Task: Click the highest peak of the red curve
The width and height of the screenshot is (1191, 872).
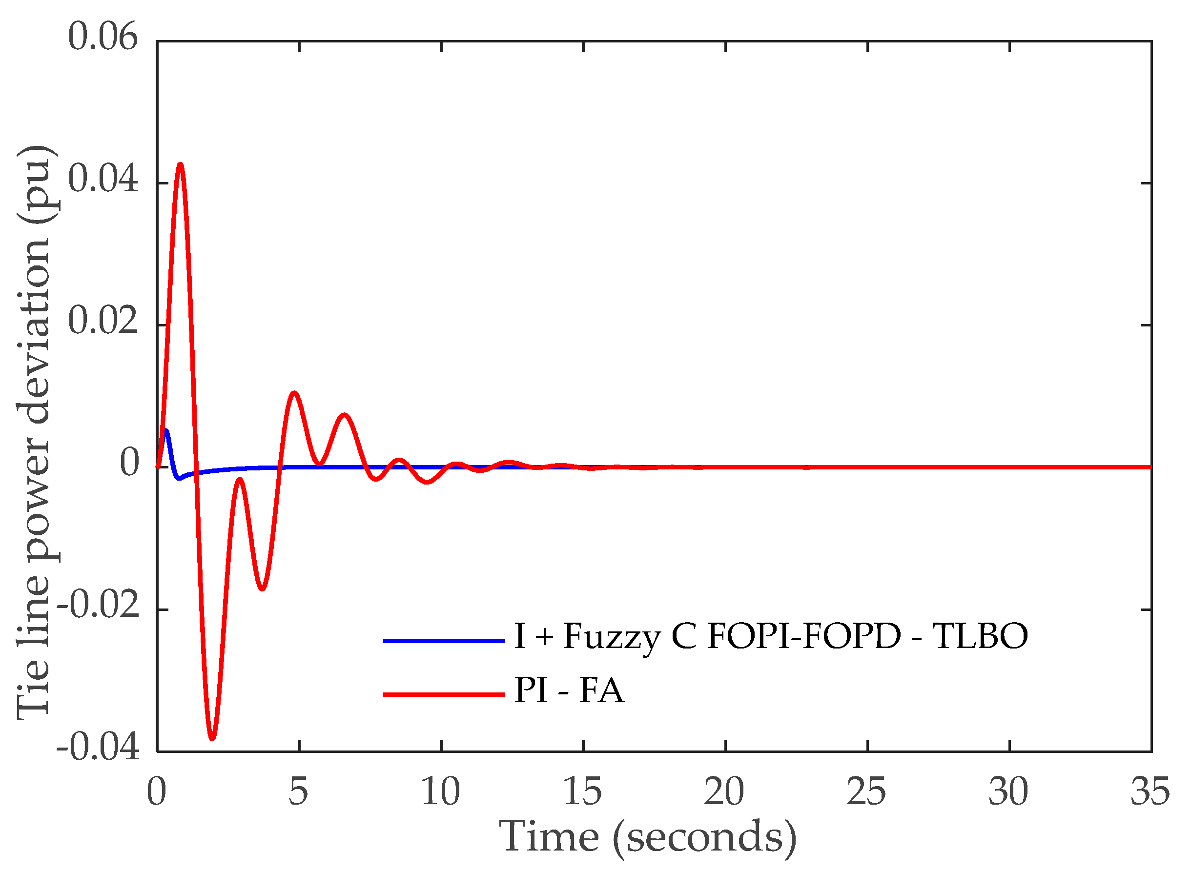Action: tap(181, 164)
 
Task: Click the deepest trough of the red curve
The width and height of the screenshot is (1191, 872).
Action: tap(213, 738)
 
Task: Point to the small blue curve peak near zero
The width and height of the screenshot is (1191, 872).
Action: tap(166, 431)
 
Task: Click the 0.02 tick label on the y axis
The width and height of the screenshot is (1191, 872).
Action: tap(103, 321)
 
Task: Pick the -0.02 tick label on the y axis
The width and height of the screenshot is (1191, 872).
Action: tap(98, 605)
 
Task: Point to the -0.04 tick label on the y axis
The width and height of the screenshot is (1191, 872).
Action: tap(98, 748)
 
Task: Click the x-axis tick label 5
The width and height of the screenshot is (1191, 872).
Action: tap(299, 792)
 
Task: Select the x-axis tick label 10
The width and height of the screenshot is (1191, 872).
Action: tap(441, 792)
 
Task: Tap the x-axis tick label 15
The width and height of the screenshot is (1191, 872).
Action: tap(583, 792)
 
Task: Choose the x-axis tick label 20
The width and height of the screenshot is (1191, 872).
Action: tap(725, 792)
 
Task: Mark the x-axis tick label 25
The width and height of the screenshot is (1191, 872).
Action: tap(867, 792)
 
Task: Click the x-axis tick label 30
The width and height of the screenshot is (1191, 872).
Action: tap(1009, 792)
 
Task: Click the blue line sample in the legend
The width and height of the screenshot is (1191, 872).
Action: tap(444, 641)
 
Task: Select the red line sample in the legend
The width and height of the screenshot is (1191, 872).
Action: tap(444, 694)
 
